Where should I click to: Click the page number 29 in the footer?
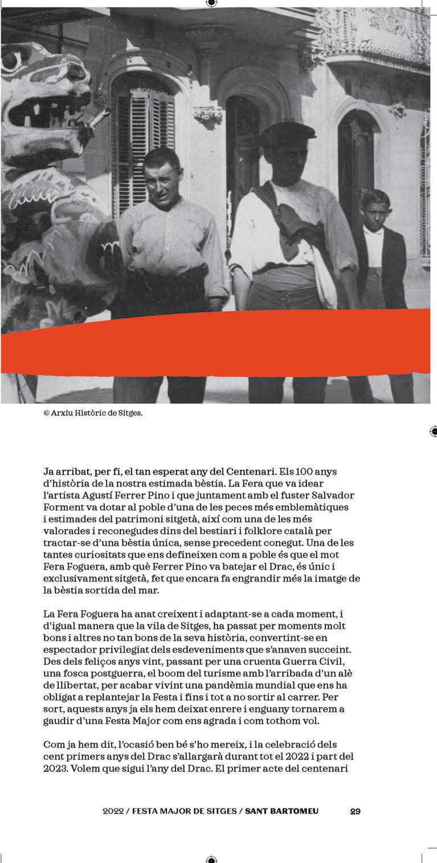tap(355, 811)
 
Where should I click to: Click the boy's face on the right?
tap(375, 210)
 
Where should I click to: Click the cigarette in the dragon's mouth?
tap(99, 119)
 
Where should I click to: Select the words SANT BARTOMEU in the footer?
tap(281, 811)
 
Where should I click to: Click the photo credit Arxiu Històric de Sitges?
tap(93, 413)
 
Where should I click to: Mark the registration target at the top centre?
tap(211, 3)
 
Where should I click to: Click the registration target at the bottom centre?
tap(211, 859)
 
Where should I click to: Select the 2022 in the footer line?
tap(113, 811)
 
